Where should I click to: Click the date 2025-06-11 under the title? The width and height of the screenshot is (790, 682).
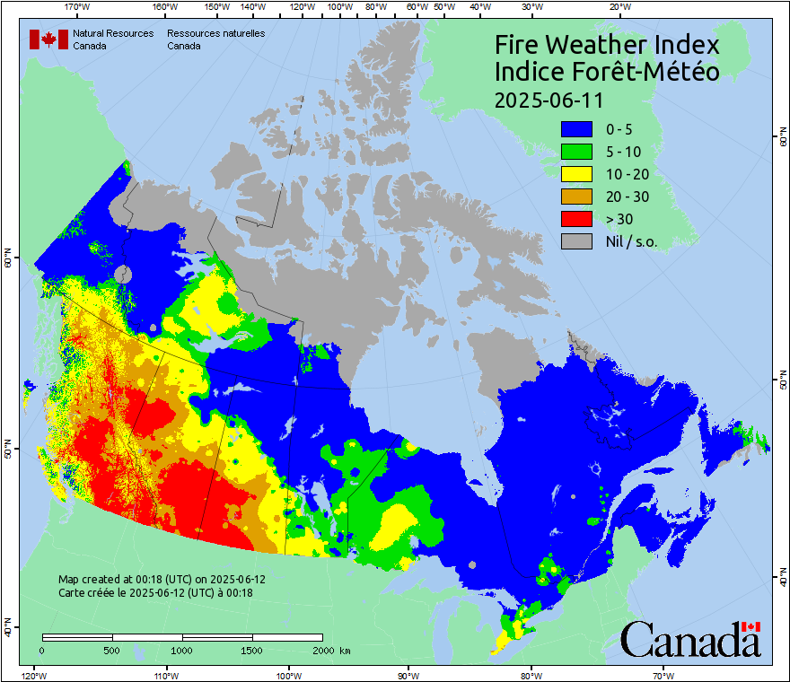tap(549, 99)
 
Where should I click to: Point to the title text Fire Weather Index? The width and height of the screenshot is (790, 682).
tap(607, 45)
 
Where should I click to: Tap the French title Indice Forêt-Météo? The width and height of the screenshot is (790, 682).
tap(607, 72)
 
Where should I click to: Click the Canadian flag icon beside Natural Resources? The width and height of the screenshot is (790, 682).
tap(48, 39)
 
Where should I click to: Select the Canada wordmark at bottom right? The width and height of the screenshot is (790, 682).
tap(690, 640)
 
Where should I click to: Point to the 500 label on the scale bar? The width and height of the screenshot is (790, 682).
tap(112, 650)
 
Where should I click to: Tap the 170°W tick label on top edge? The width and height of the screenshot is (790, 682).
tap(78, 6)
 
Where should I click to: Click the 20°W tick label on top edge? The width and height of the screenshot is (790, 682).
tap(618, 6)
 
